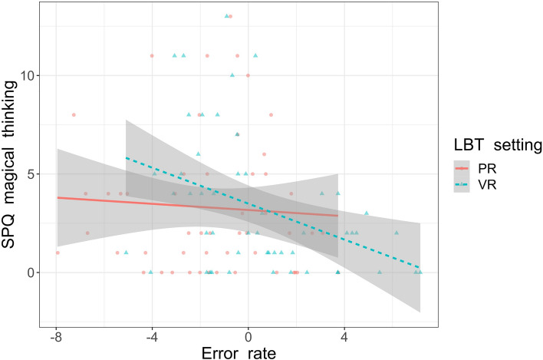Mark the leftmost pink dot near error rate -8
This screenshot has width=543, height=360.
[x=57, y=253]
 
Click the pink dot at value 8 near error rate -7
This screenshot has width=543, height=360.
[x=74, y=115]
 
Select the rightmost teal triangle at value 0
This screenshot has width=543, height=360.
[x=420, y=272]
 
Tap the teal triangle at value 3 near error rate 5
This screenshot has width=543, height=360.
[x=367, y=213]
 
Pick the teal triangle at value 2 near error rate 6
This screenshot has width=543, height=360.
[x=397, y=233]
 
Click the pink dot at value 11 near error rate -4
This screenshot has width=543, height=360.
[x=152, y=55]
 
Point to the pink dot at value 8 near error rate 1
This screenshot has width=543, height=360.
[x=271, y=115]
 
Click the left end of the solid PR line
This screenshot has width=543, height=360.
[x=57, y=197]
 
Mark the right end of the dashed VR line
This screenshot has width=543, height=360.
[x=420, y=268]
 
